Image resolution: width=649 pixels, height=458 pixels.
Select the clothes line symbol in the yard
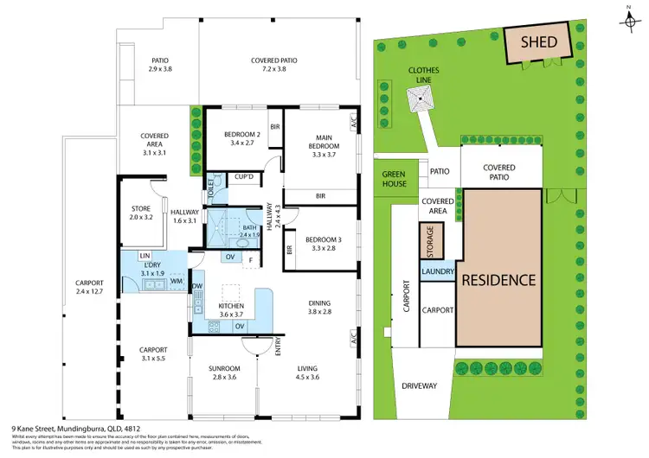421,102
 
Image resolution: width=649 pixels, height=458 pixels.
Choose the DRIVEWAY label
419,386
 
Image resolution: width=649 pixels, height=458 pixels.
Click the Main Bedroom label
324,142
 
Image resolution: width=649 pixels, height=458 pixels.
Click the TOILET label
209,190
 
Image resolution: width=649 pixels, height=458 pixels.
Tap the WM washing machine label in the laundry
175,281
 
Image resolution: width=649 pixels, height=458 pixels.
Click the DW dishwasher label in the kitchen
197,287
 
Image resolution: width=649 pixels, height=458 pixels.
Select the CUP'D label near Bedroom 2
244,177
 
